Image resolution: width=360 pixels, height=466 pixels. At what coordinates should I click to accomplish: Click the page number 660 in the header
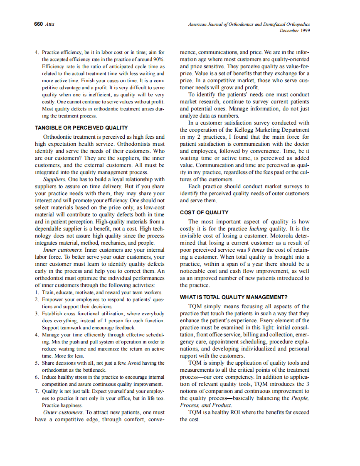[x=38, y=24]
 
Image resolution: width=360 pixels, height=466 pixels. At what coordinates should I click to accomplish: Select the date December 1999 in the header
[x=295, y=30]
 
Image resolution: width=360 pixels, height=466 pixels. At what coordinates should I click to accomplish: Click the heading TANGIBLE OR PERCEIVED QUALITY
[x=81, y=128]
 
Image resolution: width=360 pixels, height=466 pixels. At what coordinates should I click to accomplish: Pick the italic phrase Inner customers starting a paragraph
[x=63, y=250]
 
